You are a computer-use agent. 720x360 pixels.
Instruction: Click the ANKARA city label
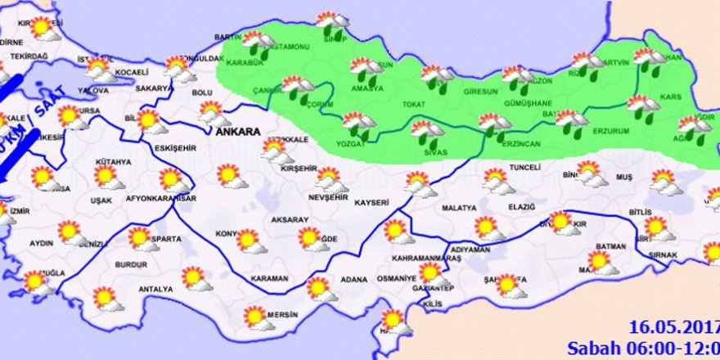(x=236, y=132)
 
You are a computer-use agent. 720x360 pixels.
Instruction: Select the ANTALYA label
(x=155, y=289)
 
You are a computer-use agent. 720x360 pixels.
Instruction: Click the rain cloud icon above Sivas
(x=426, y=132)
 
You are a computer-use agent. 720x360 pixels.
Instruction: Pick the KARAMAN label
(x=269, y=279)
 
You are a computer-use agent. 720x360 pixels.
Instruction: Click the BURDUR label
(x=131, y=266)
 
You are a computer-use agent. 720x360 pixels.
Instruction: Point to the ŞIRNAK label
(x=663, y=255)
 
